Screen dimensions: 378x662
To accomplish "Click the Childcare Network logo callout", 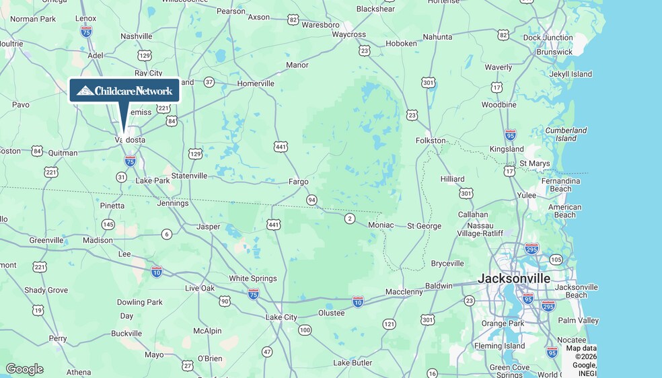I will click(x=124, y=91).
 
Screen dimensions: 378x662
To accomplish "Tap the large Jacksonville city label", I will click(x=514, y=278).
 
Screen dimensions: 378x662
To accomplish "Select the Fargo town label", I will click(x=298, y=182).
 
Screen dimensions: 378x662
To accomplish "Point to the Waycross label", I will click(x=348, y=34).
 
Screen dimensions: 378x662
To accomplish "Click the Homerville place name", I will click(x=256, y=83).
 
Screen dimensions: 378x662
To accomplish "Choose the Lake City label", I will click(x=281, y=317).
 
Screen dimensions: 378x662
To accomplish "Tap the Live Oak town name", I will click(x=200, y=289).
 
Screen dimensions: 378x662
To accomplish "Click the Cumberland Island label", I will click(x=561, y=134).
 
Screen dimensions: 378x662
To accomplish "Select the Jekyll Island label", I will click(x=571, y=74).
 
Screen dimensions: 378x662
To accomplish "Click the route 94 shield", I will click(x=311, y=200).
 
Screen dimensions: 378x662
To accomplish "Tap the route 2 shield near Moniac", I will click(x=349, y=219).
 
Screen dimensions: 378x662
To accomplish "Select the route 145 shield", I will click(x=108, y=224).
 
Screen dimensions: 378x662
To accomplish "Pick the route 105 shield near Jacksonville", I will click(x=556, y=260).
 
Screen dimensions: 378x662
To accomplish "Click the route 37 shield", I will click(x=209, y=82).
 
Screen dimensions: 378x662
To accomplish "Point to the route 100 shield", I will click(x=305, y=330).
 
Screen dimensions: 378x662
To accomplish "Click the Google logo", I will click(x=24, y=369).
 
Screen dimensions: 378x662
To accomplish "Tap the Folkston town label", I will click(x=431, y=141).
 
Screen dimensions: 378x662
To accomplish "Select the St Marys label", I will click(x=534, y=163).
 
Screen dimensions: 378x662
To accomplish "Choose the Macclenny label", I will click(x=404, y=292).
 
